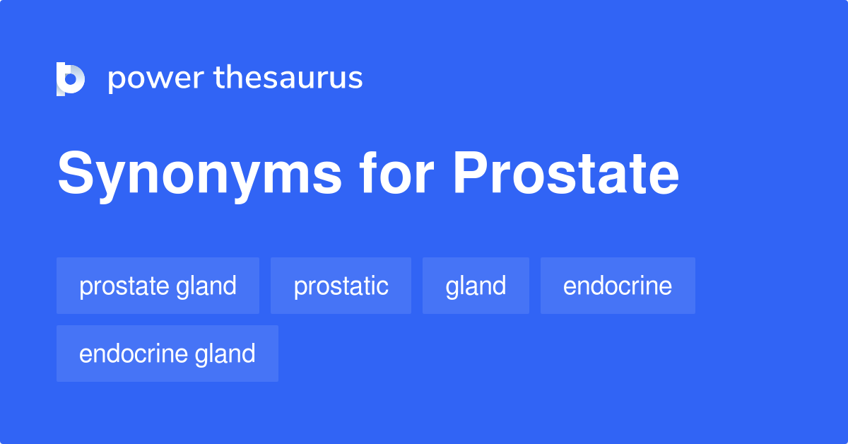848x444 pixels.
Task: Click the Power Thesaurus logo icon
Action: tap(71, 78)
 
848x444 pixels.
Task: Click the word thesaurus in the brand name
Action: tap(288, 78)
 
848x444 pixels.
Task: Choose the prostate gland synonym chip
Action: tap(158, 286)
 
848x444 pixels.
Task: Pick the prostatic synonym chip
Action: tap(341, 286)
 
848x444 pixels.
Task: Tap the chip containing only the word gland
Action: tap(476, 286)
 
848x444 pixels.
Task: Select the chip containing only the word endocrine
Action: tap(618, 286)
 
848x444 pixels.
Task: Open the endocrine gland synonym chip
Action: tap(167, 354)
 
